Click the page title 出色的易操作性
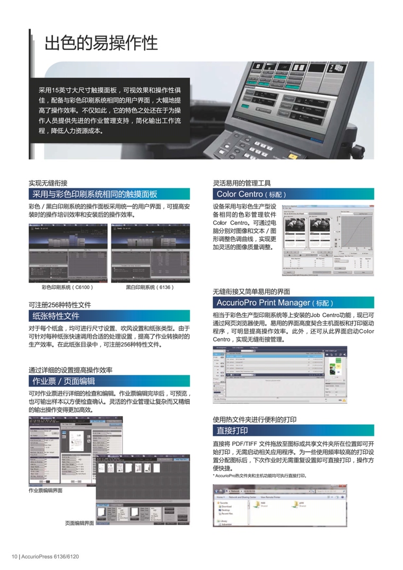pos(101,43)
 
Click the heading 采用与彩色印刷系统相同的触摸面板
pos(94,194)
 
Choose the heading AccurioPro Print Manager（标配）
pos(275,303)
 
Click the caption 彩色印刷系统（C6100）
pos(67,287)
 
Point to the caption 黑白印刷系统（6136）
pos(150,287)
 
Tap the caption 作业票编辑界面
pos(46,491)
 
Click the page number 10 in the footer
pos(15,556)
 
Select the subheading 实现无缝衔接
pos(48,182)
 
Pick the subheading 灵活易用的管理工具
pos(241,182)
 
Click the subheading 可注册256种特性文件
pos(60,305)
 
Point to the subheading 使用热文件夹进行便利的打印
pos(254,419)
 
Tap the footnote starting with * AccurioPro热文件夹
pos(259,476)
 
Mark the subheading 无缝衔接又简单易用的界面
pos(251,291)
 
